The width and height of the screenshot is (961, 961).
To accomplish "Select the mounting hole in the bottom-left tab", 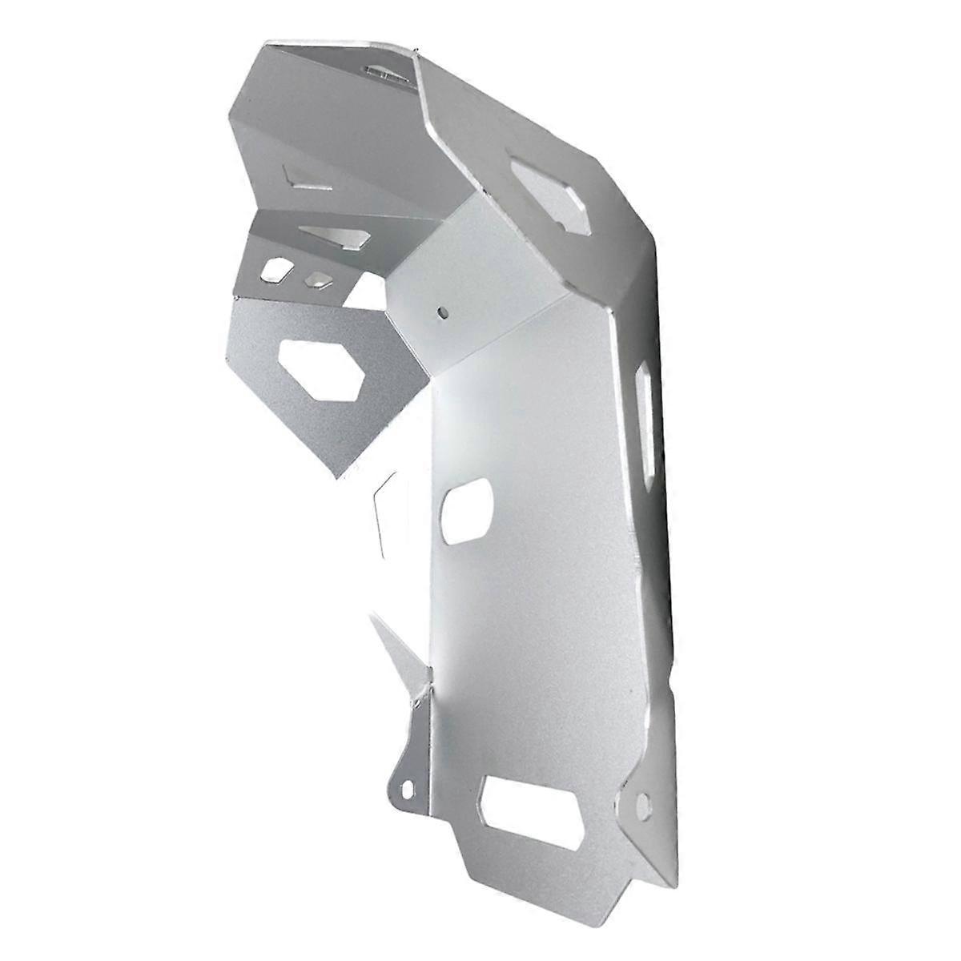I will (x=409, y=788).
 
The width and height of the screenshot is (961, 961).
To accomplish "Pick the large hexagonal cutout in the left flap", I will (x=324, y=369).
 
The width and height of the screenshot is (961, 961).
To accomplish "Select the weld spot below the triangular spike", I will (x=417, y=702).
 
